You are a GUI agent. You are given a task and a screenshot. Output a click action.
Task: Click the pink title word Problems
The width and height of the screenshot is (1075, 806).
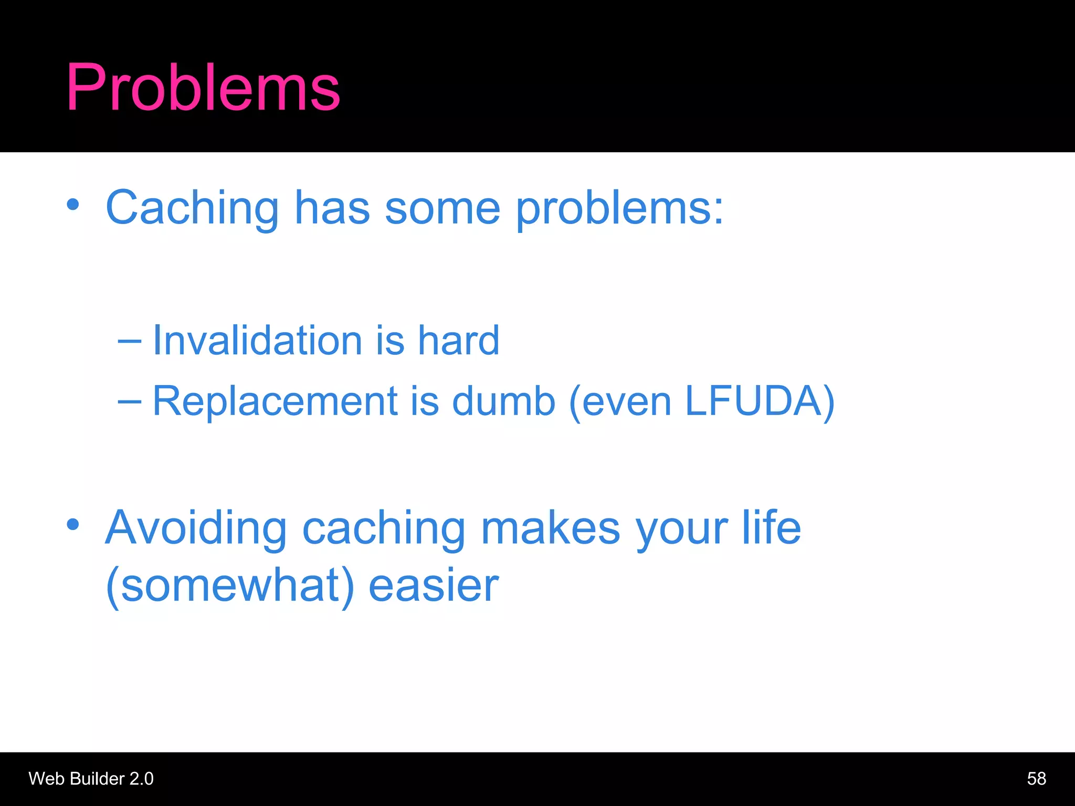[x=203, y=88]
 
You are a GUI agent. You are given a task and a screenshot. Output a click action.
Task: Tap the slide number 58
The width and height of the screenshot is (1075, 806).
[x=1036, y=779]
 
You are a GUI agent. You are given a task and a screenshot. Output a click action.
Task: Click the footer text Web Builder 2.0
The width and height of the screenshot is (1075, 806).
[x=91, y=779]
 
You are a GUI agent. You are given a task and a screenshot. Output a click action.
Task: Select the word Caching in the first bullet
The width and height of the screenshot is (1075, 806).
[x=192, y=209]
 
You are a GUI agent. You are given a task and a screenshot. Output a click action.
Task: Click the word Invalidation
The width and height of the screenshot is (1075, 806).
[x=257, y=341]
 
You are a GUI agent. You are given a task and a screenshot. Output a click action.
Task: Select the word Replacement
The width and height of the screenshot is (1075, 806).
[x=275, y=401]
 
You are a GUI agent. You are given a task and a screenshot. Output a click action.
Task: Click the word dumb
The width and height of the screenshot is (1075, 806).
[x=503, y=401]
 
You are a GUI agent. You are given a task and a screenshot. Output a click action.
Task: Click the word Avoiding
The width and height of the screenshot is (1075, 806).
[x=196, y=528]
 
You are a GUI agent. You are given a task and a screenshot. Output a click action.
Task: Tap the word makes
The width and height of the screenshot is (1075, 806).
[x=550, y=528]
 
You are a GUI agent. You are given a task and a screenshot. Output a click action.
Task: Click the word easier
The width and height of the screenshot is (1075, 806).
[x=434, y=586]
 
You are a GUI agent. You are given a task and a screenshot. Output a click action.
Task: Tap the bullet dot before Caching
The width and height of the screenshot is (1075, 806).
[x=73, y=205]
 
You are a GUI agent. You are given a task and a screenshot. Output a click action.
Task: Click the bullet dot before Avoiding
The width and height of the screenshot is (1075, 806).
[x=73, y=524]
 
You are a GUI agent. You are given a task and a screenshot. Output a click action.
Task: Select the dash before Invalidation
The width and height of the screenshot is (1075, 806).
[x=129, y=342]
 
